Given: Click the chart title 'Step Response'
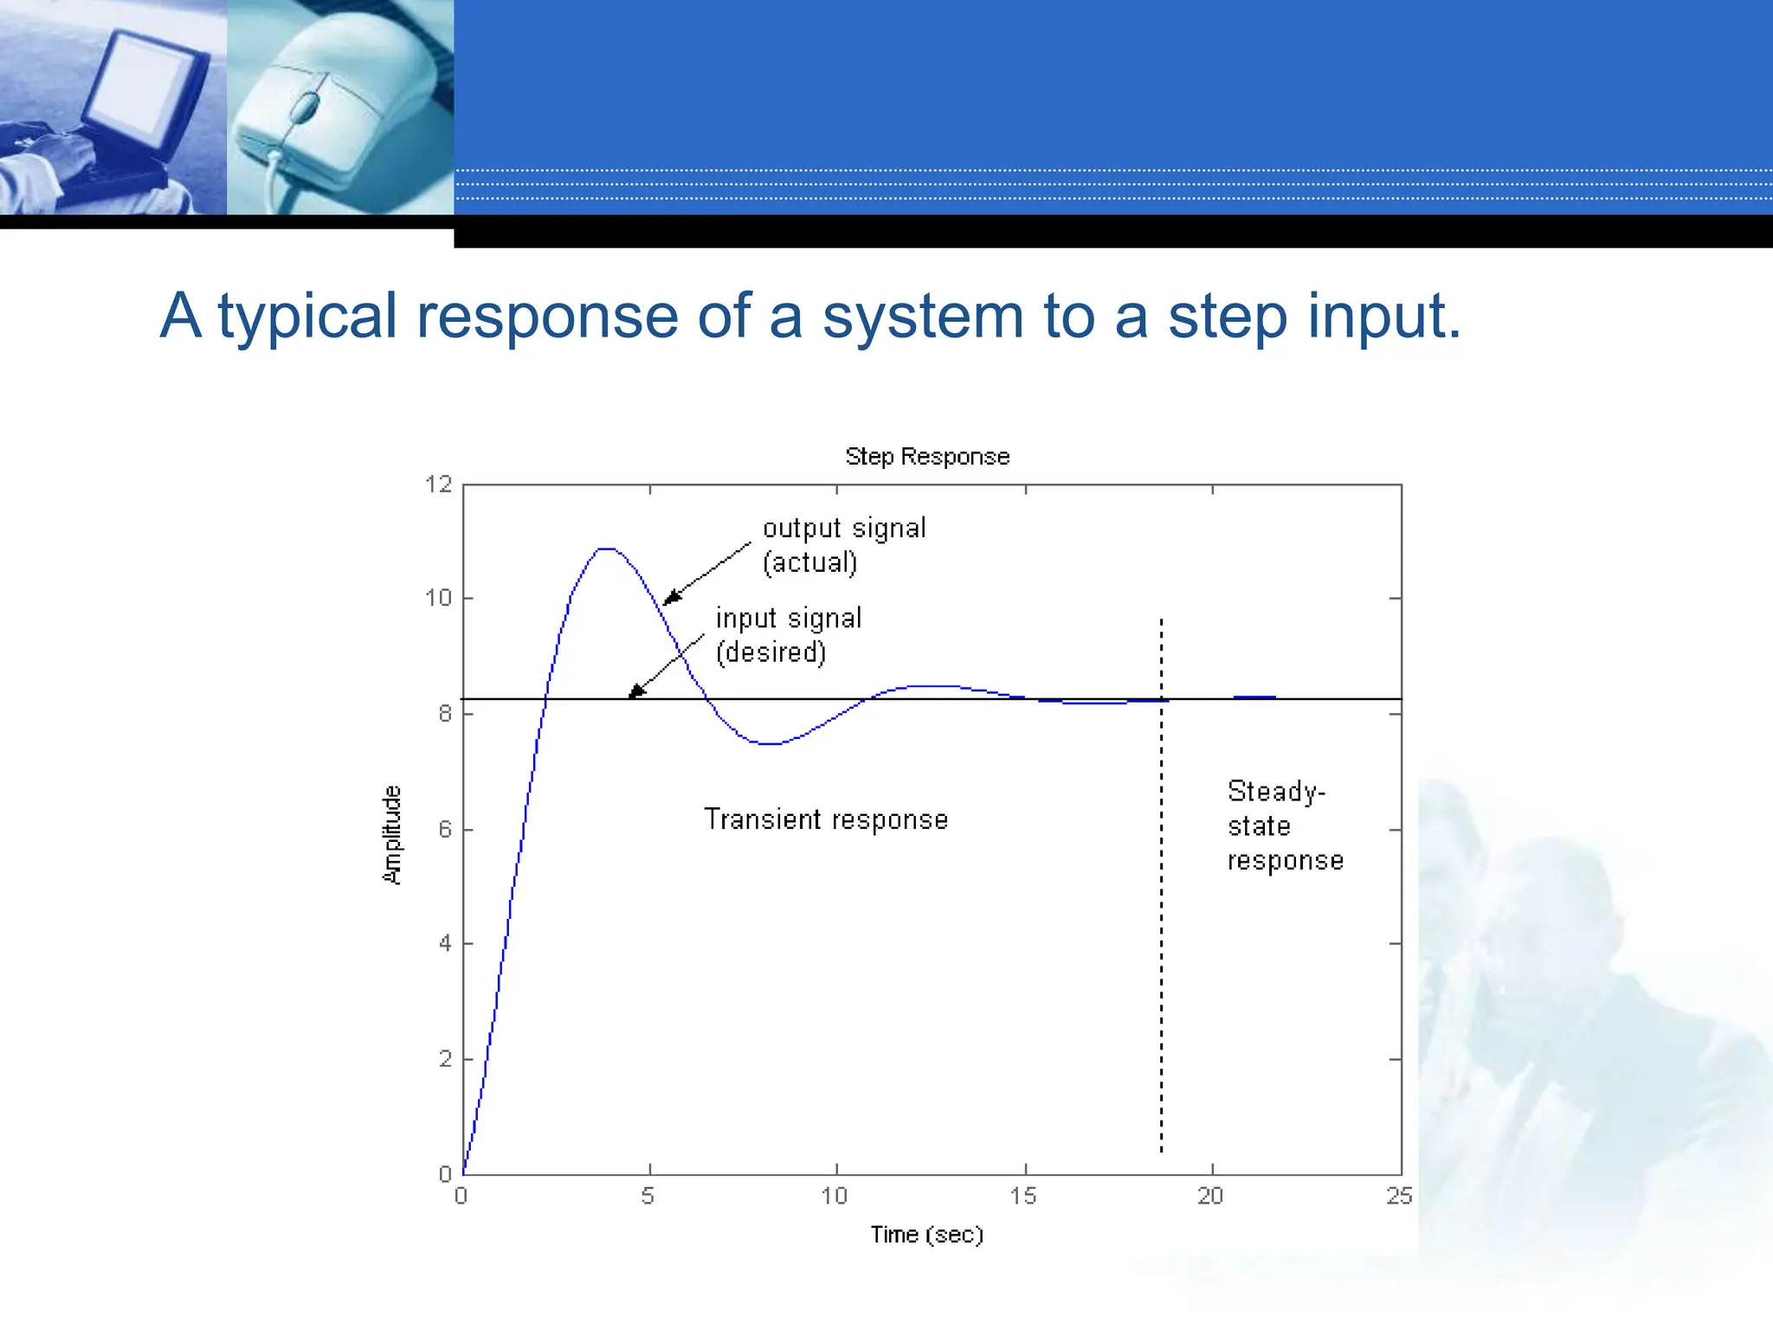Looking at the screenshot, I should (927, 456).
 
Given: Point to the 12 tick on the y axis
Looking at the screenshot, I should (439, 485).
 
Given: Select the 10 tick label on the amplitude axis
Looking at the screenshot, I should (439, 598).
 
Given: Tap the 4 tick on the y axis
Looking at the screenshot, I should (445, 943).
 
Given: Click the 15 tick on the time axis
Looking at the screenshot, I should (1023, 1196).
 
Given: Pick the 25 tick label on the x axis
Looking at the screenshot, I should (1399, 1196).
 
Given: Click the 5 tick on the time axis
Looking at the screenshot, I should (648, 1196).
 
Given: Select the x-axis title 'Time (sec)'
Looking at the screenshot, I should (927, 1235).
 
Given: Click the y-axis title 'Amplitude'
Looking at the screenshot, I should (392, 835).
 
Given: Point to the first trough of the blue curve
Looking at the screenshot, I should (769, 743).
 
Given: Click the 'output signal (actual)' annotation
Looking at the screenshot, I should (844, 545).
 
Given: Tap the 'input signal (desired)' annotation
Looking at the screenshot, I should (788, 635).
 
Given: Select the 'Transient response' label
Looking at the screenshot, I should (826, 819).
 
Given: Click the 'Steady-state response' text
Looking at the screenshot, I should (1285, 826).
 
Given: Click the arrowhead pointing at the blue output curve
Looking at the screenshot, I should (670, 599).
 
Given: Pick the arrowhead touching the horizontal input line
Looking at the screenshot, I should (635, 691).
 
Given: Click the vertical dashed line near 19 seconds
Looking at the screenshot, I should (1161, 883).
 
